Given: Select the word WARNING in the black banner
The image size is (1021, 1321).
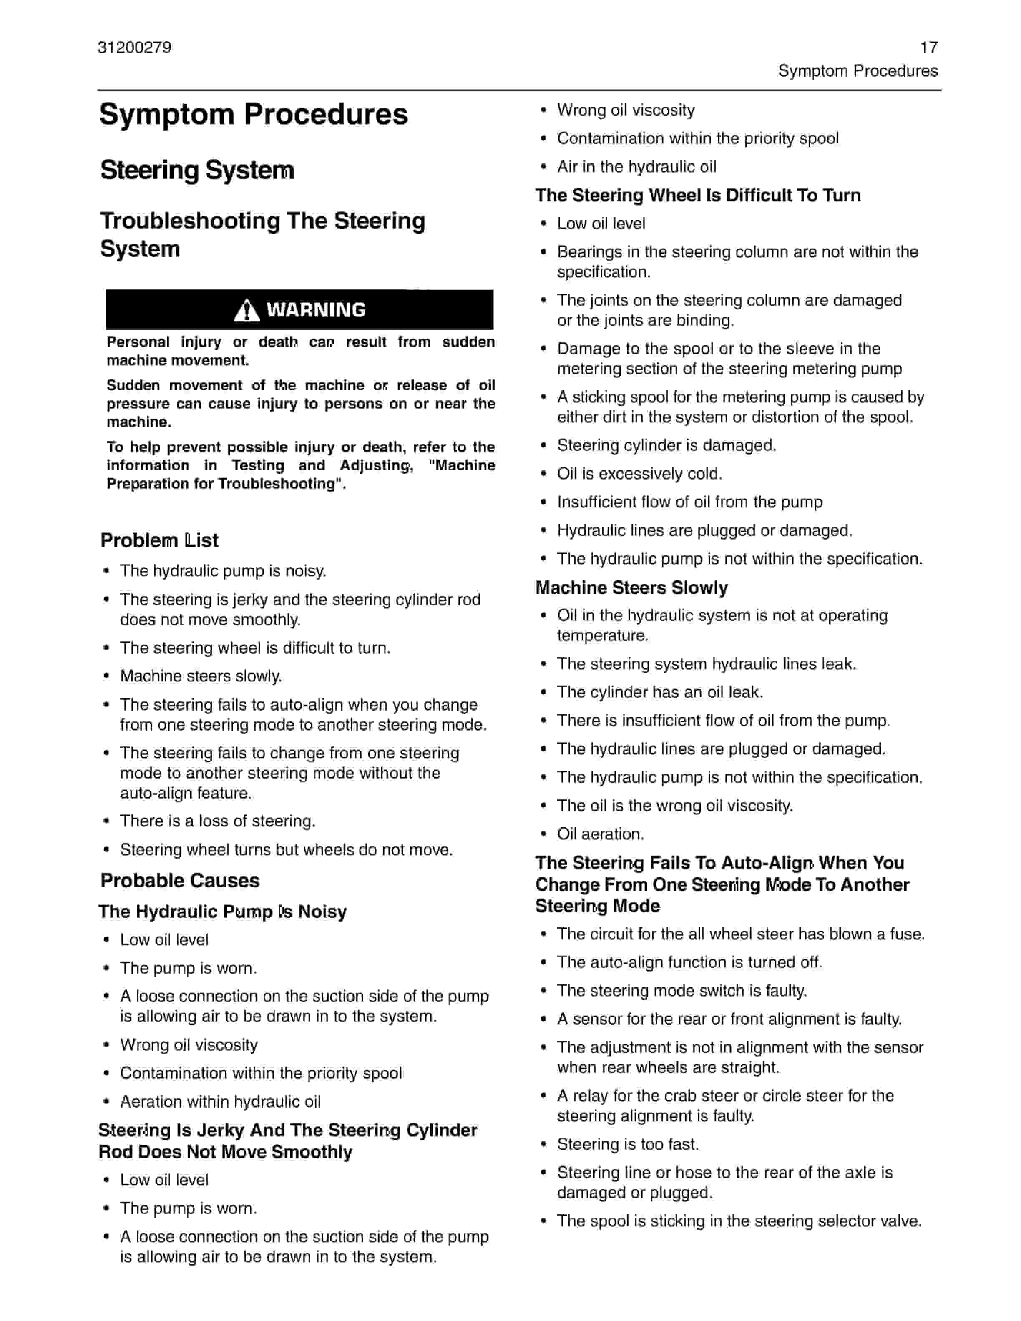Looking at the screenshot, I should coord(316,310).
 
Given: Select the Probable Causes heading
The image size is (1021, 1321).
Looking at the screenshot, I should coord(180,881).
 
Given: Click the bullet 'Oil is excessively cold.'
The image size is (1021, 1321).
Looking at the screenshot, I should coord(639,474).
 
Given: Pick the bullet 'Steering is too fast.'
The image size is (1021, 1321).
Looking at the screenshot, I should coord(628,1144).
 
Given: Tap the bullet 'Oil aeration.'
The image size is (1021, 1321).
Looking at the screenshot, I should coord(600,834).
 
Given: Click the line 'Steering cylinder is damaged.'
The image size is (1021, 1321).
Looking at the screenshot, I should coord(666,445).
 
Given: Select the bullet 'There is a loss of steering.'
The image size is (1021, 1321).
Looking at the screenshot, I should coord(218,821).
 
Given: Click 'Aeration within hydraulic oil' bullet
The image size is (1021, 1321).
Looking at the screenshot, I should coord(220,1101).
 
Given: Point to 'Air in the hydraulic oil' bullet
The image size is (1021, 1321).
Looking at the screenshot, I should coord(636,166).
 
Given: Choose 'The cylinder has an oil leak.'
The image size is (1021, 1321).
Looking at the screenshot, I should coord(660,692).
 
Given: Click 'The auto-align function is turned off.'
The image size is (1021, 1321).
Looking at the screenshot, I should coord(689,962).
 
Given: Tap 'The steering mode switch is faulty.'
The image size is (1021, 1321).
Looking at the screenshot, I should coord(682,991).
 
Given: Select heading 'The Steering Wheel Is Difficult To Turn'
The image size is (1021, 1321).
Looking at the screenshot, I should coord(697,196).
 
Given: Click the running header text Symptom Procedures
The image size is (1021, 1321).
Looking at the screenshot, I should coord(857,71).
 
